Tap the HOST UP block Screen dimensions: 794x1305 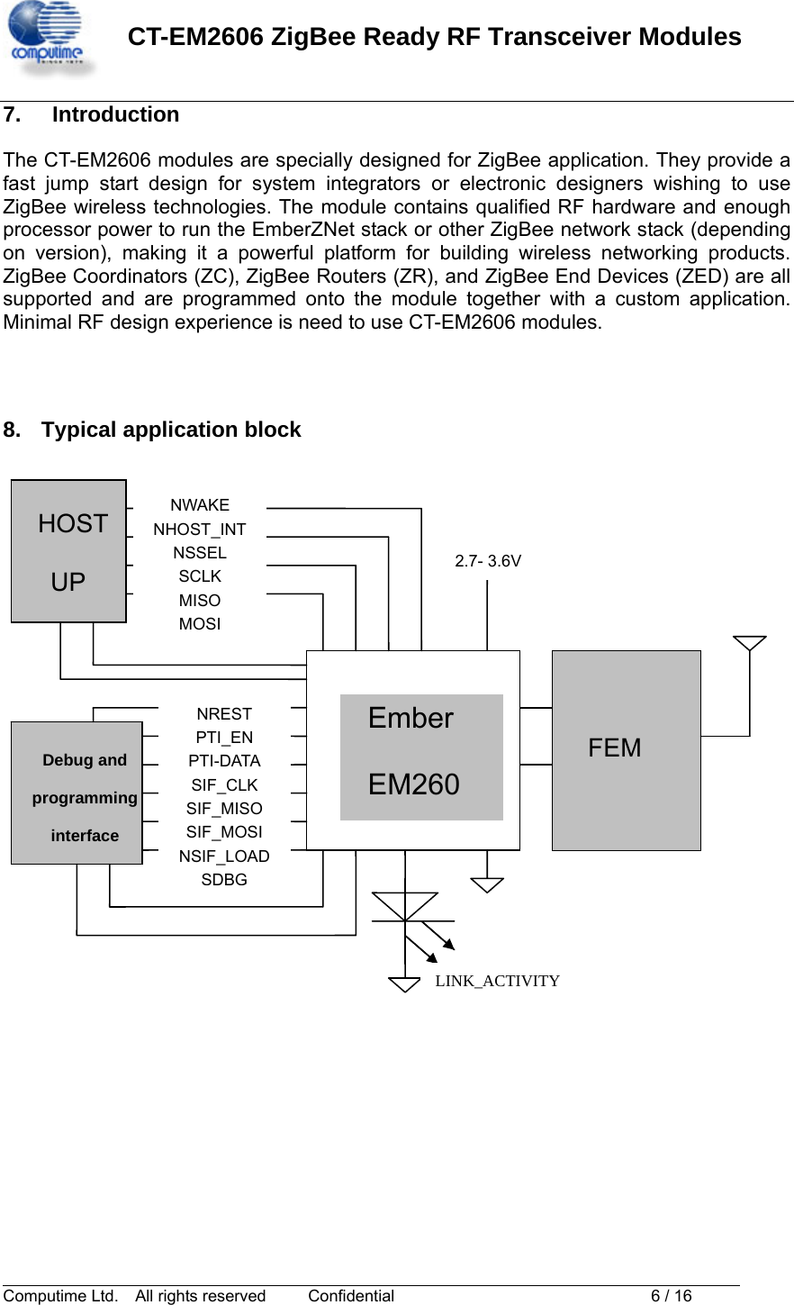(x=68, y=551)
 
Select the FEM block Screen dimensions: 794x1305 (x=627, y=750)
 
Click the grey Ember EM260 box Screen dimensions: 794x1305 (x=421, y=757)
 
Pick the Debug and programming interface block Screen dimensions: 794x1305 (x=77, y=793)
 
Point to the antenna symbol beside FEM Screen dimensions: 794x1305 (x=750, y=643)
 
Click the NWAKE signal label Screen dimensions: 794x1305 (x=200, y=504)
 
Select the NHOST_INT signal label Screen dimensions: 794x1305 (x=200, y=529)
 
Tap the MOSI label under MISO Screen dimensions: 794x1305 (x=200, y=624)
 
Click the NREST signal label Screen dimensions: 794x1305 (x=224, y=713)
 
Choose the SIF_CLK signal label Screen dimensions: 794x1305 (x=224, y=784)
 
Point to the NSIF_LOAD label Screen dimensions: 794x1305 (x=224, y=856)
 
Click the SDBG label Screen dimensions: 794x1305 (x=224, y=879)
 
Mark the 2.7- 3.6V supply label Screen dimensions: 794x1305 (x=488, y=561)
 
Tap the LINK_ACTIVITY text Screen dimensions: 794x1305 (x=498, y=981)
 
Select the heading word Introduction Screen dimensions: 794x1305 (x=116, y=114)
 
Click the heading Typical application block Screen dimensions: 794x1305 (x=171, y=430)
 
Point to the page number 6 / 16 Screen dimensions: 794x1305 (x=671, y=1296)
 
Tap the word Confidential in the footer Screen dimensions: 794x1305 (x=351, y=1296)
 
